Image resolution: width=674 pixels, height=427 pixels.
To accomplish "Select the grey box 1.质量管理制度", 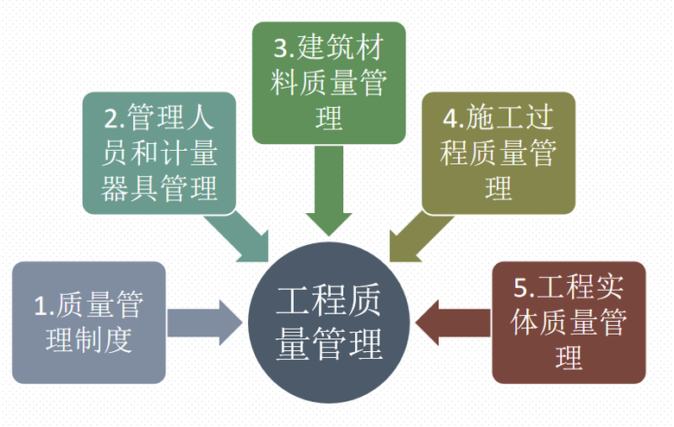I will pos(88,322).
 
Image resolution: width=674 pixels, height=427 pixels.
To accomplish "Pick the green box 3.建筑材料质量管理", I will pos(329,82).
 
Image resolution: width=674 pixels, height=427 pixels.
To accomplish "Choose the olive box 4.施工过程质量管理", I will pos(499,153).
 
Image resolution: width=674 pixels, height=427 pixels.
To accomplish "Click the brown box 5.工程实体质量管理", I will pos(569,322).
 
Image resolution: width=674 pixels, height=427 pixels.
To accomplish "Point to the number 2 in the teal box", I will pos(110,117).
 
